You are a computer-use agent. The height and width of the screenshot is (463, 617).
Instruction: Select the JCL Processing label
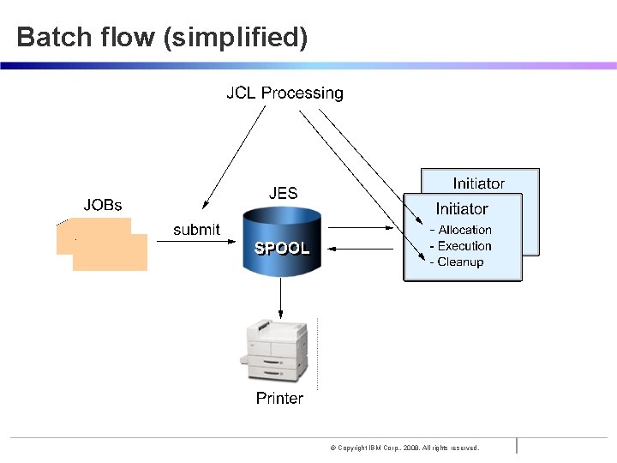pos(285,93)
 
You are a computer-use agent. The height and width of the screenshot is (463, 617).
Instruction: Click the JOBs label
pos(102,205)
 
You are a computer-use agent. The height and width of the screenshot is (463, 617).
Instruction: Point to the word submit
pos(196,230)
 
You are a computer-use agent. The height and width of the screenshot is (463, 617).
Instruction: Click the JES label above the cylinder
pos(283,193)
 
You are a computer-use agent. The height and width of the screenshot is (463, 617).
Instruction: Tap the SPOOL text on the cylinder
pos(282,248)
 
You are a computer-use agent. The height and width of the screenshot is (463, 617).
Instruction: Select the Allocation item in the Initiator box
pos(464,230)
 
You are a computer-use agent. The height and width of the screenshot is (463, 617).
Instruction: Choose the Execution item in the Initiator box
pos(464,246)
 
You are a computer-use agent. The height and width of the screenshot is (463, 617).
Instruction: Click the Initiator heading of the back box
pos(478,183)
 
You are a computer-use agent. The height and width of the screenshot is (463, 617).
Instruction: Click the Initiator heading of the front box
pos(461,208)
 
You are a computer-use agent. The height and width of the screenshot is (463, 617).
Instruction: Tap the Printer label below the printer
pos(279,398)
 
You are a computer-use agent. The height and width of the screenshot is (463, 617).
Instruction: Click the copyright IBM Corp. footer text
pos(404,448)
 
